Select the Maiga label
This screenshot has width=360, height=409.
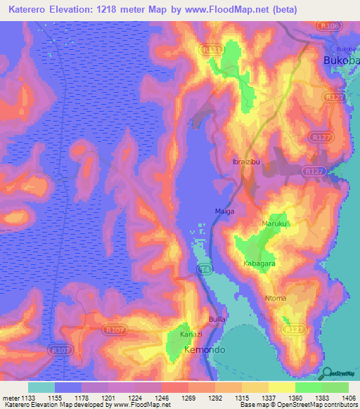(224, 211)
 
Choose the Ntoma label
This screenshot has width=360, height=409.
(276, 299)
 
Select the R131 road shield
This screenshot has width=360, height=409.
(210, 50)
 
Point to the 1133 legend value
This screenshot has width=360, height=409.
(27, 397)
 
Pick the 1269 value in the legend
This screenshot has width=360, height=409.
(187, 397)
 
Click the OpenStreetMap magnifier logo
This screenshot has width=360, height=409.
(326, 374)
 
